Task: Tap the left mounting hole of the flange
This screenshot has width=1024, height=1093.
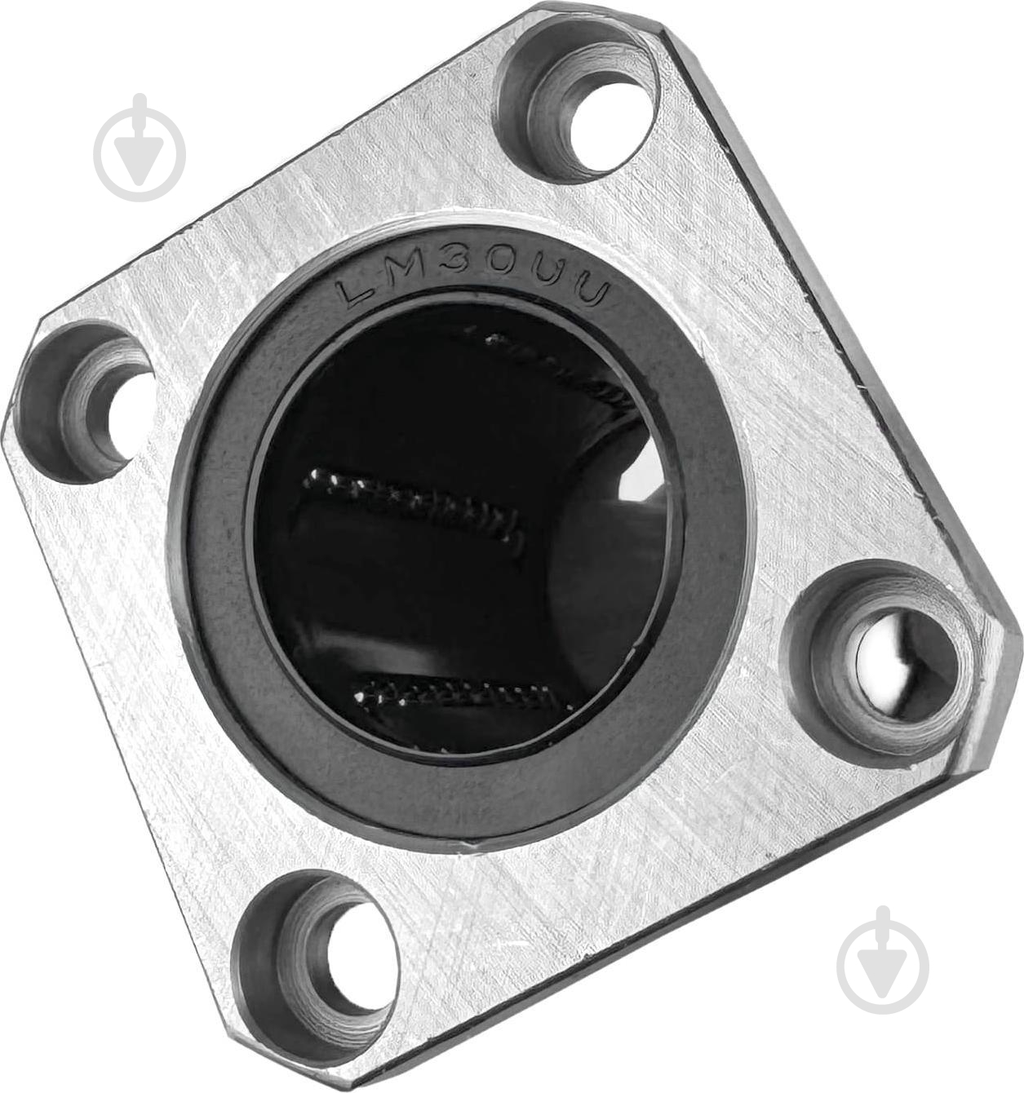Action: pos(86,404)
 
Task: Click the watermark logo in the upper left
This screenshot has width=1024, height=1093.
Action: pos(140,149)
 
